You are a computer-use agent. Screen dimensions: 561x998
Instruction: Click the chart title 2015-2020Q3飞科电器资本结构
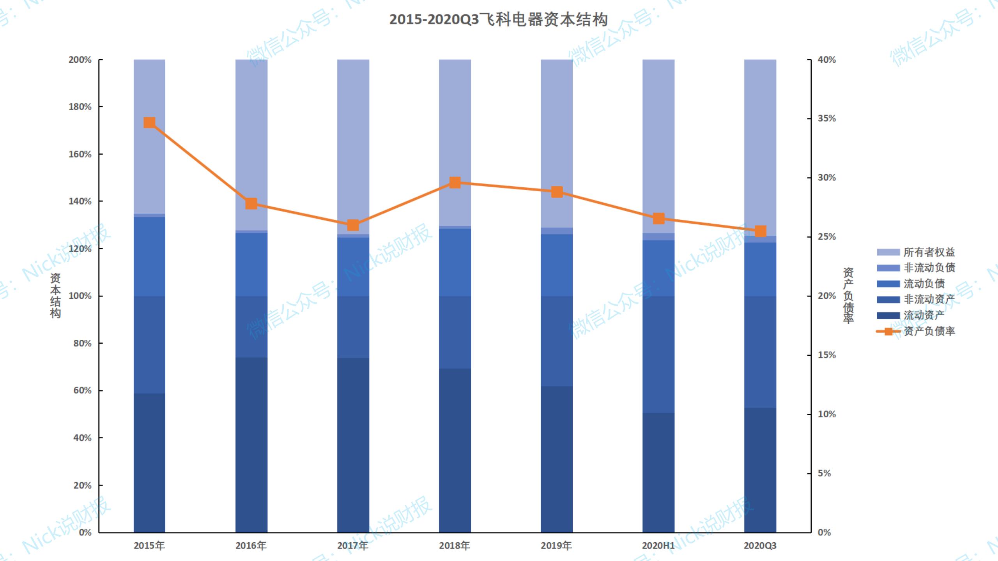tap(498, 19)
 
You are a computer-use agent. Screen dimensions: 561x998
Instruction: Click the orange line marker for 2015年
tap(149, 123)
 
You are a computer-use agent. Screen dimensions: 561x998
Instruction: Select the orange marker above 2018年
tap(455, 182)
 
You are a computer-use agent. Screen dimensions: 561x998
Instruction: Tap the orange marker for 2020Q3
tap(760, 231)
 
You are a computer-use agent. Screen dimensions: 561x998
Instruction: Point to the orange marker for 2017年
tap(353, 225)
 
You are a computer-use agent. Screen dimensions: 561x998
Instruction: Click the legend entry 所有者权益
tap(929, 252)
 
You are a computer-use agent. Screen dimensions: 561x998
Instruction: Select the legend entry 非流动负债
tap(929, 268)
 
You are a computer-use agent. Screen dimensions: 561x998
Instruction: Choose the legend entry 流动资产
tap(924, 315)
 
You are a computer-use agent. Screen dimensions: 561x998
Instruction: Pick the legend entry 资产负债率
tap(929, 331)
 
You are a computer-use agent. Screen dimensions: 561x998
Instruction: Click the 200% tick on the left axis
tap(80, 60)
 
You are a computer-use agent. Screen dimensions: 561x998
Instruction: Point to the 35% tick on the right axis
tap(826, 118)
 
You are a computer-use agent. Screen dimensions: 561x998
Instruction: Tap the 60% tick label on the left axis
tap(82, 390)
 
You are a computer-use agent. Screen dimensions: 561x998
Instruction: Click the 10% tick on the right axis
tap(826, 414)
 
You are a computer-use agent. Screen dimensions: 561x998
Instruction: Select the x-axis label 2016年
tap(251, 545)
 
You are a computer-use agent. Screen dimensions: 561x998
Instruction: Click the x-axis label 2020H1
tap(658, 545)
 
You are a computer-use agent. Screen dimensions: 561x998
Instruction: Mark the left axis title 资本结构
tap(55, 295)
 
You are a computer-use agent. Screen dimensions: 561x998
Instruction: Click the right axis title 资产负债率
tap(848, 295)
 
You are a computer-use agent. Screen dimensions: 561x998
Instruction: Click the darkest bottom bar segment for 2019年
tap(556, 460)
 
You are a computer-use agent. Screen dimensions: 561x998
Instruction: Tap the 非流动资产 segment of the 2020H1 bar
tap(658, 355)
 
